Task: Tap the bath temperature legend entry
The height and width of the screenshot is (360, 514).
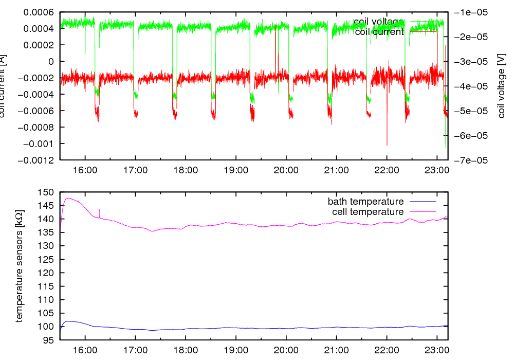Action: pos(365,202)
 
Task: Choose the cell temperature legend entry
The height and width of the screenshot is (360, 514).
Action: pos(368,212)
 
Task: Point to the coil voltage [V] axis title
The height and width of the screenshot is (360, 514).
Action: pos(502,86)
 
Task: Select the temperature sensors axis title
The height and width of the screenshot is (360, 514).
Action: pos(20,266)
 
